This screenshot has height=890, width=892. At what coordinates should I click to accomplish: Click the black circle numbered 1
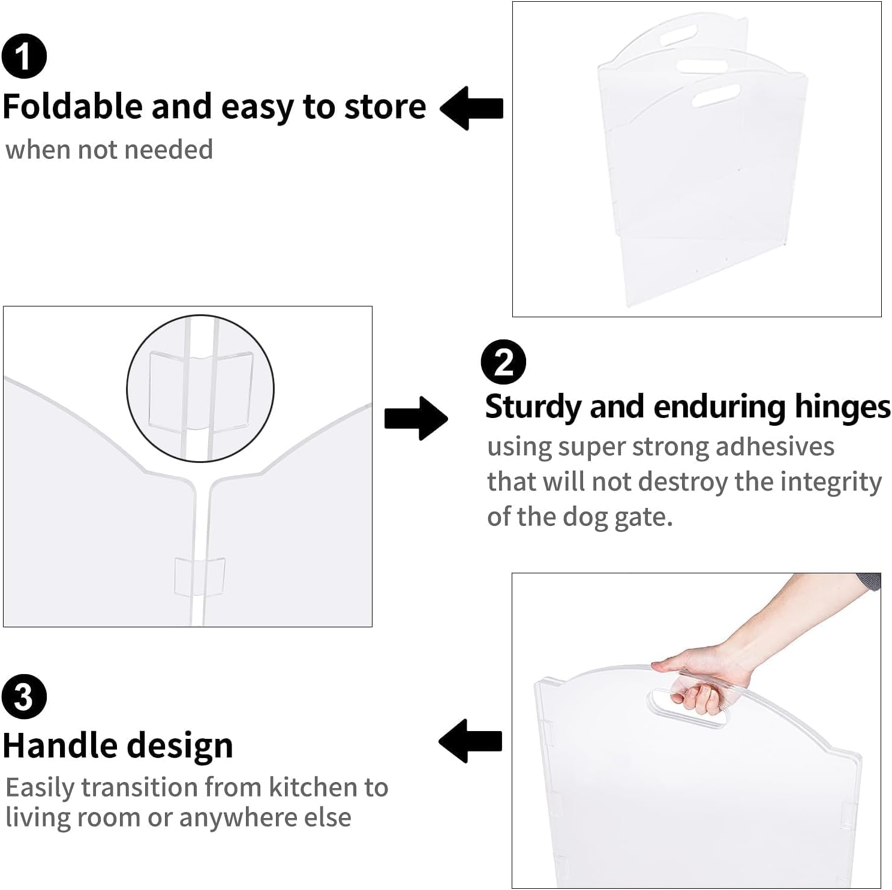coord(24,56)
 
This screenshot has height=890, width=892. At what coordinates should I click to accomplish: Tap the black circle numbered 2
coord(503,362)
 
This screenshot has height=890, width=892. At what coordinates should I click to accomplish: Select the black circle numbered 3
coord(24,696)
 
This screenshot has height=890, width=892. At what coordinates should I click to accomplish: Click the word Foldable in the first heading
coord(73,107)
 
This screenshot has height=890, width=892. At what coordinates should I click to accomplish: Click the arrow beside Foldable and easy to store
coord(471,108)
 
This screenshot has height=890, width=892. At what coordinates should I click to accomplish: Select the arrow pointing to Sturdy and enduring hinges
coord(416,418)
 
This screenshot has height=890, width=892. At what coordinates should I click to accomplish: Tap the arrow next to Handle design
coord(470,741)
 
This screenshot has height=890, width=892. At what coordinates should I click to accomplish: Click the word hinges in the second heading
coord(842,407)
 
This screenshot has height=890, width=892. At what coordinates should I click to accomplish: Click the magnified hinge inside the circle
coord(200,389)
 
